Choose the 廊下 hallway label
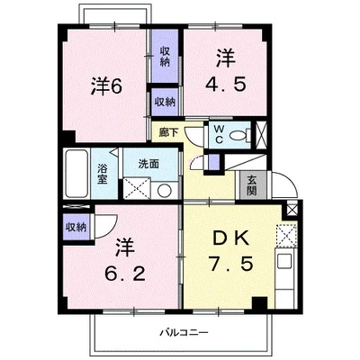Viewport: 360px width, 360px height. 168,131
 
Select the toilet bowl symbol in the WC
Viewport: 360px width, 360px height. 238,137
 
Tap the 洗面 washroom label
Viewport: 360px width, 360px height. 148,164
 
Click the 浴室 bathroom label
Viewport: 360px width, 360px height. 103,174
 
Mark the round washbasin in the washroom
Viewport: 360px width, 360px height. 165,191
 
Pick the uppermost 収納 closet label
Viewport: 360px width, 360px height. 165,56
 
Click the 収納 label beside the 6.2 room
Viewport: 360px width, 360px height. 75,229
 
